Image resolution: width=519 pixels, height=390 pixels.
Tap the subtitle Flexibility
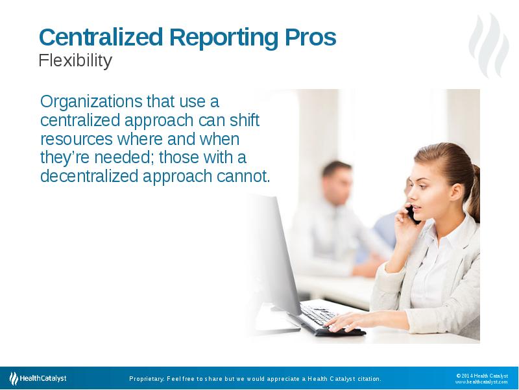[x=75, y=61]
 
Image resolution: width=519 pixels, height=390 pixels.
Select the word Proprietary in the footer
[x=146, y=379]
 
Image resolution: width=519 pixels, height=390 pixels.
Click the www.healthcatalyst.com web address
[x=481, y=382]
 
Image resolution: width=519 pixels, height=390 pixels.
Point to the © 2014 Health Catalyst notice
[x=482, y=375]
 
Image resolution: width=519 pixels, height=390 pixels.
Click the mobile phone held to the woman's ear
[x=411, y=213]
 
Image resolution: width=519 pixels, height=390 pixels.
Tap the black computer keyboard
[x=324, y=318]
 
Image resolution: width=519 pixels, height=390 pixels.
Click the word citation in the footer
[x=367, y=379]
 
